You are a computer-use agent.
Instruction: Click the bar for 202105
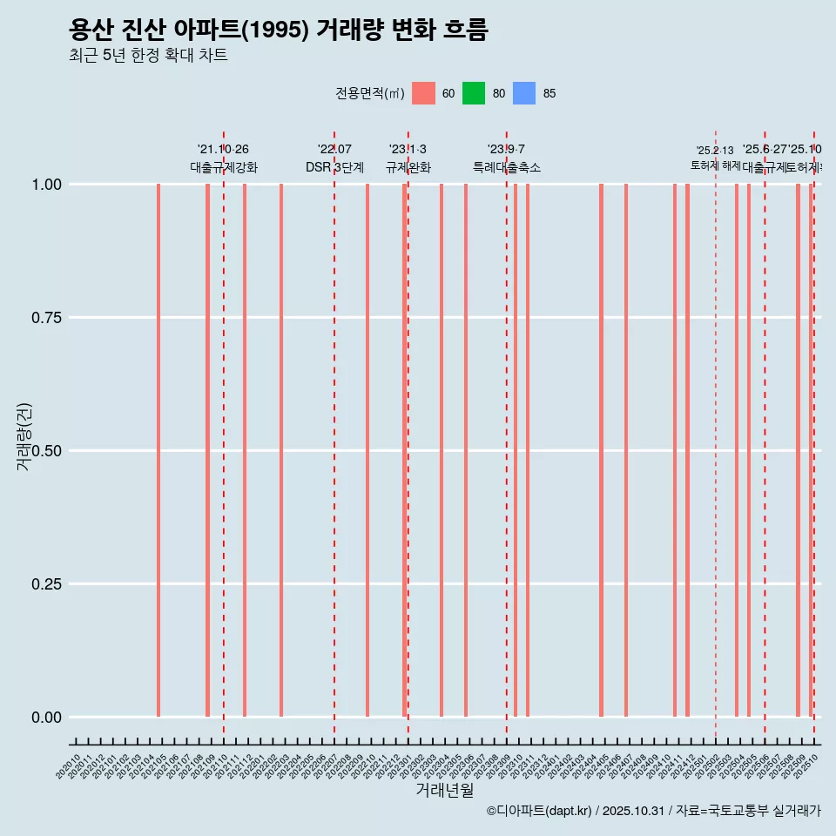click(158, 450)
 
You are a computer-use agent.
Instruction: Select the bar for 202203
click(281, 450)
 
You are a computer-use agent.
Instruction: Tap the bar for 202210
click(367, 450)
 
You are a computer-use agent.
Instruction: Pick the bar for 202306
click(466, 450)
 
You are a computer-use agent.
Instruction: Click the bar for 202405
click(601, 450)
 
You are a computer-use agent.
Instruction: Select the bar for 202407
click(626, 450)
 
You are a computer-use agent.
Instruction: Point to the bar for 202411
click(675, 450)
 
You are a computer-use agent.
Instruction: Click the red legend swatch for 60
click(423, 93)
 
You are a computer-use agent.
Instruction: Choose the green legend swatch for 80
click(474, 93)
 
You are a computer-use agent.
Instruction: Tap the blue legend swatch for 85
click(524, 93)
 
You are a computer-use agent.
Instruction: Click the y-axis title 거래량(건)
click(24, 437)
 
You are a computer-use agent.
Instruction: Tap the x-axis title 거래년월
click(445, 790)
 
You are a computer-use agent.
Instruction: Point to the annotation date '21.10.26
click(223, 150)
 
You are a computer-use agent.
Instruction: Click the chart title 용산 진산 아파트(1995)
click(279, 30)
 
